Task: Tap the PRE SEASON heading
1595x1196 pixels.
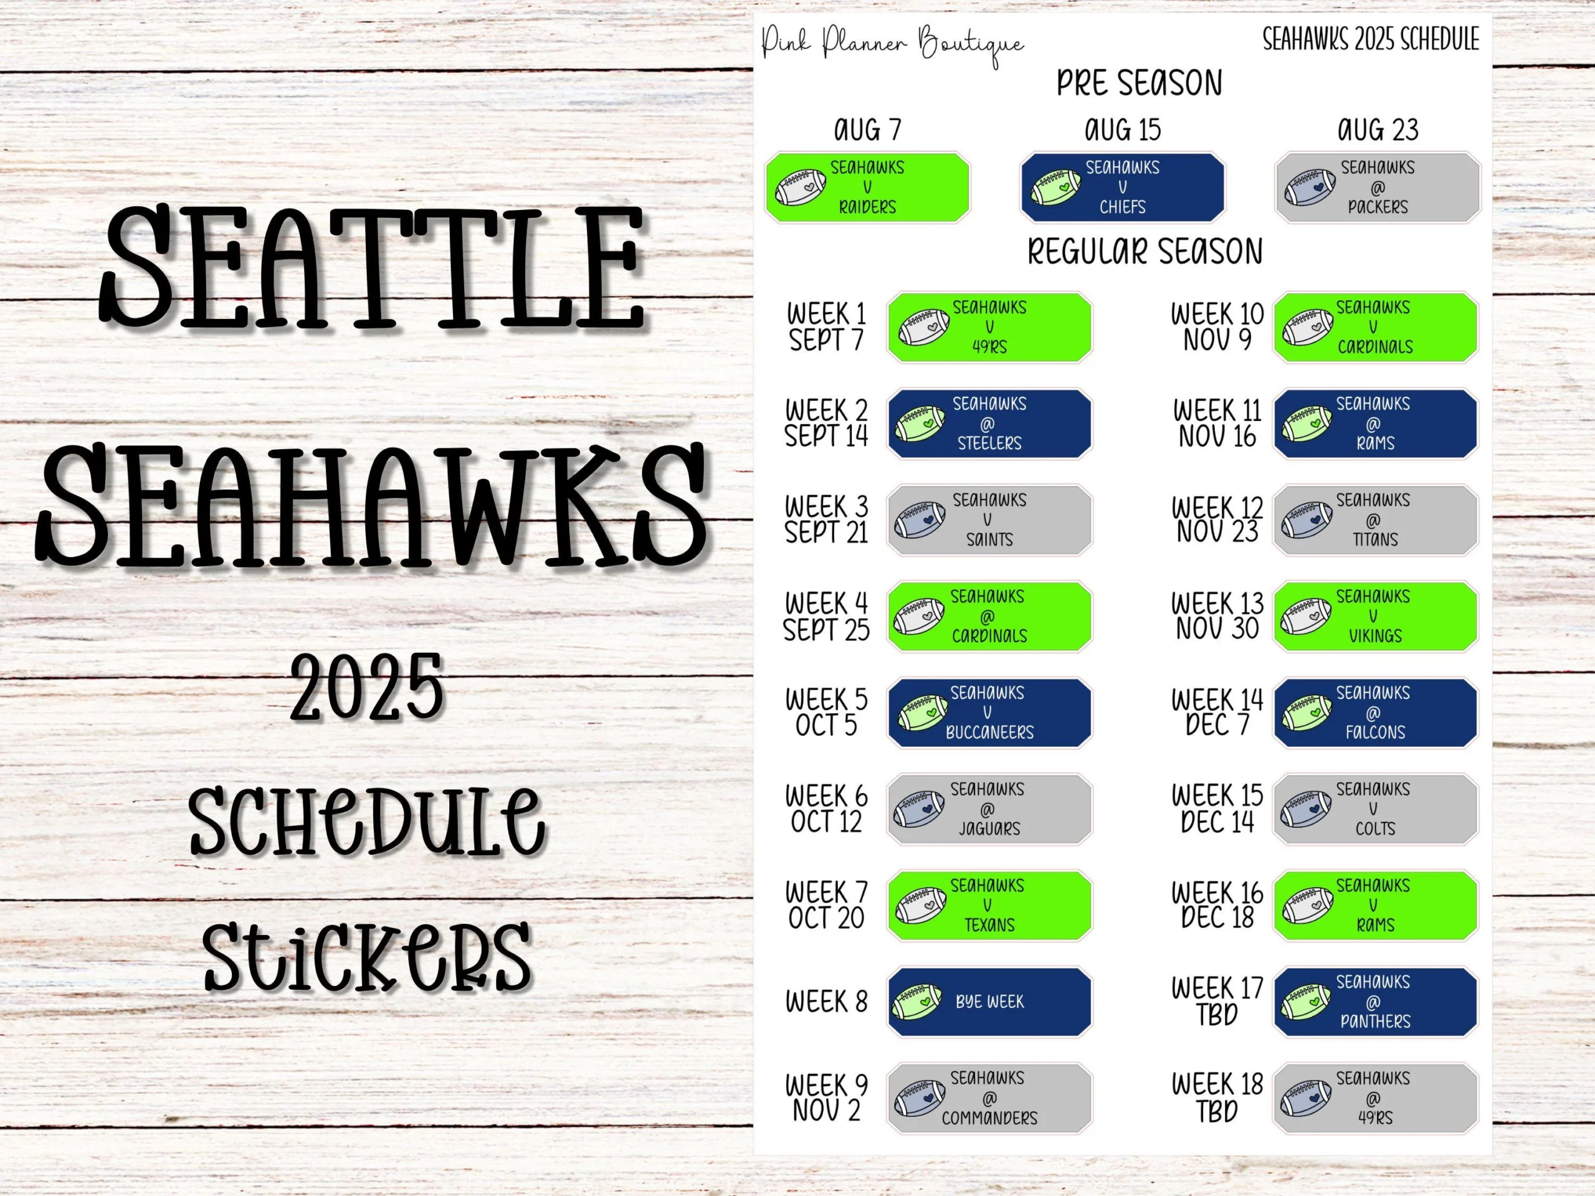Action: tap(1140, 83)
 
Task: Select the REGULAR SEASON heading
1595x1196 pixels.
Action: tap(1145, 252)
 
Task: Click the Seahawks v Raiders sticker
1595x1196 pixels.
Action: tap(867, 187)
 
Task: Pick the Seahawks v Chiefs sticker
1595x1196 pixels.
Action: tap(1122, 187)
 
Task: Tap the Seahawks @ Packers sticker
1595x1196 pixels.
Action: tap(1377, 187)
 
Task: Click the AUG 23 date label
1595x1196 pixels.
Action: tap(1377, 130)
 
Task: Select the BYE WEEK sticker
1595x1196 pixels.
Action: tap(989, 1002)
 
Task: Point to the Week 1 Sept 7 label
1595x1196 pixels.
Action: tap(826, 326)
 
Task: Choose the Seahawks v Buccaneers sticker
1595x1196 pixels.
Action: tap(989, 712)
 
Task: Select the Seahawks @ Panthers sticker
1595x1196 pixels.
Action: tap(1375, 1002)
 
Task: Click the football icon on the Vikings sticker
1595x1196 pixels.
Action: tap(1306, 617)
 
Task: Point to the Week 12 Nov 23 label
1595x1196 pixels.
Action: tap(1217, 520)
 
